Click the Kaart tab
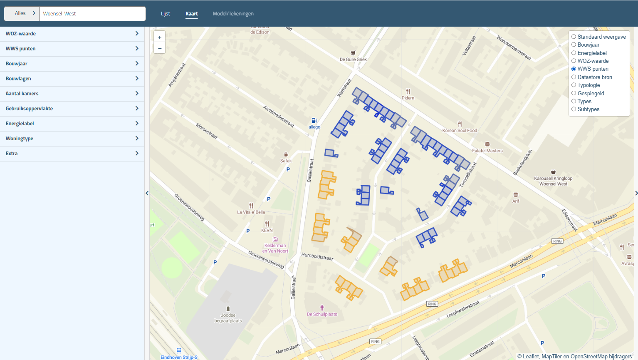pos(191,14)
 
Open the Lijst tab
pos(166,14)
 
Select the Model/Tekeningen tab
pos(233,14)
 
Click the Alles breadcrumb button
pos(22,13)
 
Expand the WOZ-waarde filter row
pos(72,34)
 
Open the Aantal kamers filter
pos(72,94)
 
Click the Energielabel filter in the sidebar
pos(72,124)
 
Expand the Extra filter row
pos(72,154)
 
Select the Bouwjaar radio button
pos(574,45)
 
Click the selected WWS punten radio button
pos(574,69)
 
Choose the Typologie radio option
pos(574,85)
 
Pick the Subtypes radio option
pos(574,109)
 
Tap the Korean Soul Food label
pos(460,130)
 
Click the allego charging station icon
pos(314,121)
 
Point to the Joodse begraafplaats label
pos(228,318)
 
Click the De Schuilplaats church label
pos(322,314)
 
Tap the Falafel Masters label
pos(487,151)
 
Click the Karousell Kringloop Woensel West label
pos(553,181)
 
